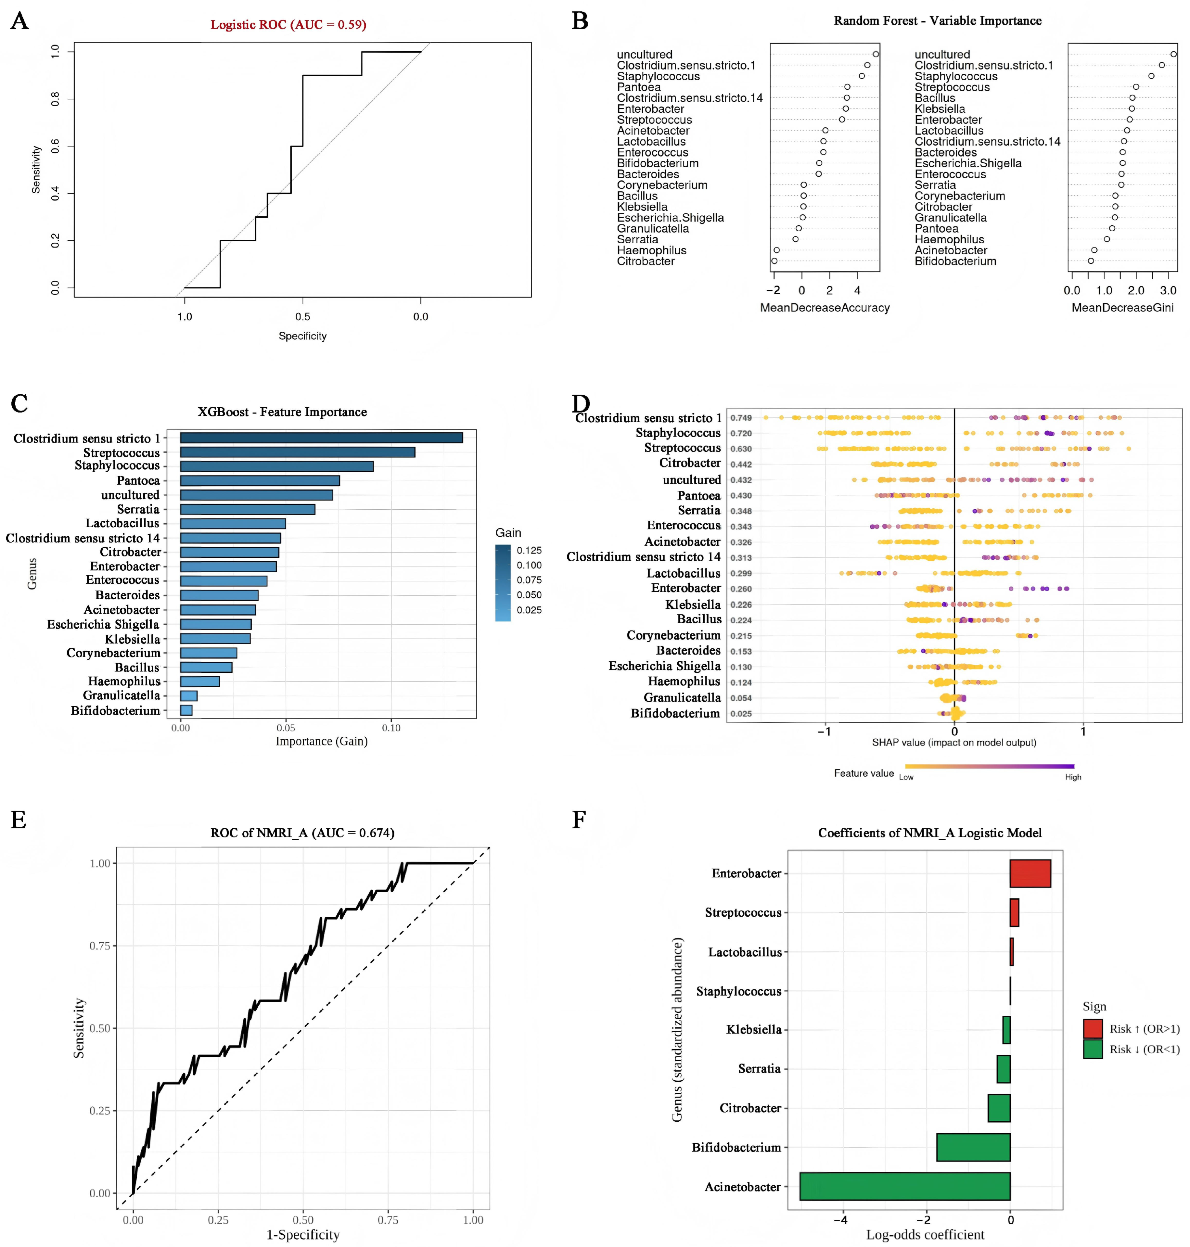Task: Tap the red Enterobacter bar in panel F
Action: (1030, 873)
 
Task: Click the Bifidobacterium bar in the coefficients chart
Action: (973, 1147)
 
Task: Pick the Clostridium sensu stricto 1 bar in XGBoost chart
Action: (322, 438)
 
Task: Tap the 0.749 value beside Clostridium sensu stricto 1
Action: (741, 418)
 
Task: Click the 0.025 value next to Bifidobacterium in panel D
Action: (741, 714)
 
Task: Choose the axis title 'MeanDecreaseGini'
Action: (1122, 308)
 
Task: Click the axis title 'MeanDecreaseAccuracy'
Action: (825, 308)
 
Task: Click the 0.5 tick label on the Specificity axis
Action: (302, 316)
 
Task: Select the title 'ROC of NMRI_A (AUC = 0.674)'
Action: (302, 833)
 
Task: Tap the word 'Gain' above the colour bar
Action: (508, 533)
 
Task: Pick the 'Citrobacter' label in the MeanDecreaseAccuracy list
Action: (646, 261)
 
